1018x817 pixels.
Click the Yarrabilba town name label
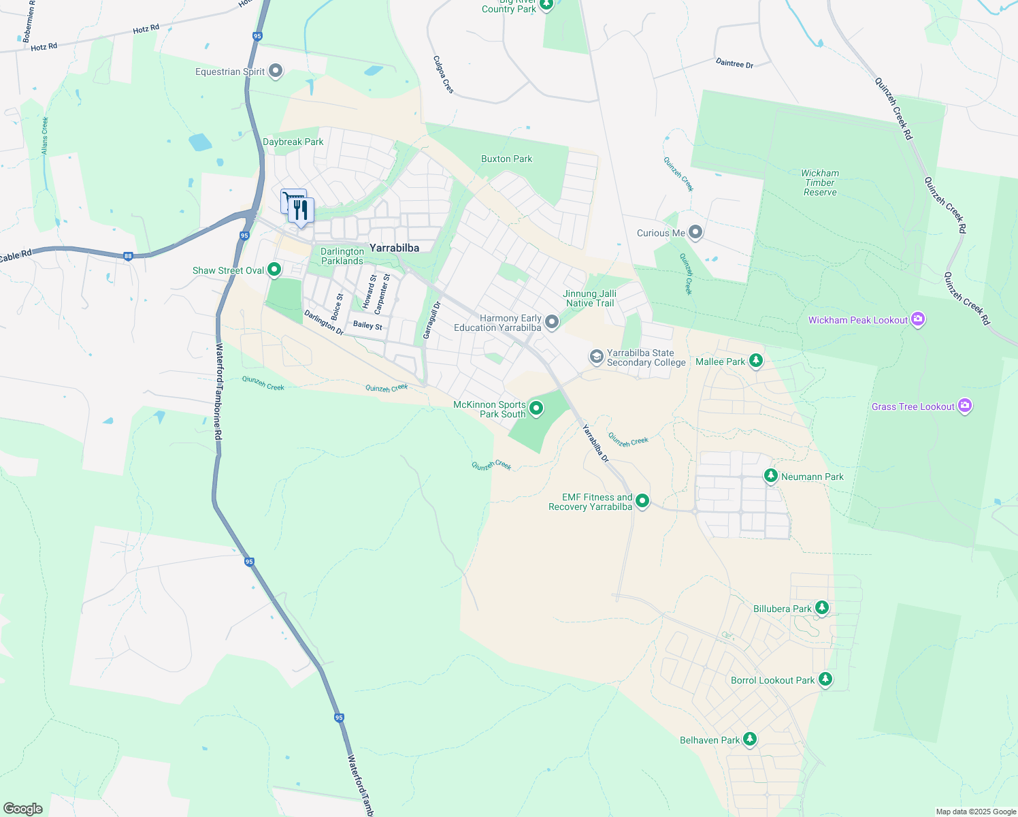[x=394, y=248]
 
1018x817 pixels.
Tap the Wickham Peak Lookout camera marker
[x=918, y=319]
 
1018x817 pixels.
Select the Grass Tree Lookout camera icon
[x=964, y=406]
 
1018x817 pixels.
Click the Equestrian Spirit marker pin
[x=276, y=71]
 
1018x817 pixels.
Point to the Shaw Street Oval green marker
[x=274, y=270]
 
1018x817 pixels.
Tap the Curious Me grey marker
[x=695, y=233]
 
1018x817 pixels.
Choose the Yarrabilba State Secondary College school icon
[x=596, y=357]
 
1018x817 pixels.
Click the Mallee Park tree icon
[x=755, y=361]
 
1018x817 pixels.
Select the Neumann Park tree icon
[x=771, y=475]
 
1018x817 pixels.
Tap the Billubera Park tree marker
[x=822, y=607]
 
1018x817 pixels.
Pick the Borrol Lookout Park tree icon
[x=825, y=679]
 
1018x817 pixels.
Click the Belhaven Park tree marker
[x=749, y=739]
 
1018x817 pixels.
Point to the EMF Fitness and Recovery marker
[x=642, y=502]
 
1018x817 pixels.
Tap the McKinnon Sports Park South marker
[x=536, y=408]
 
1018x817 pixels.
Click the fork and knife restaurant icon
[x=301, y=210]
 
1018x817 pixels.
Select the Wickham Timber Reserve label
[x=820, y=182]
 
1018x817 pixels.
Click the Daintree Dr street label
[x=734, y=63]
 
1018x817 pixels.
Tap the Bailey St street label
[x=367, y=325]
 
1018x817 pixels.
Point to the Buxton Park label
[x=506, y=159]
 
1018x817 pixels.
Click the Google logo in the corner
[x=23, y=808]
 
